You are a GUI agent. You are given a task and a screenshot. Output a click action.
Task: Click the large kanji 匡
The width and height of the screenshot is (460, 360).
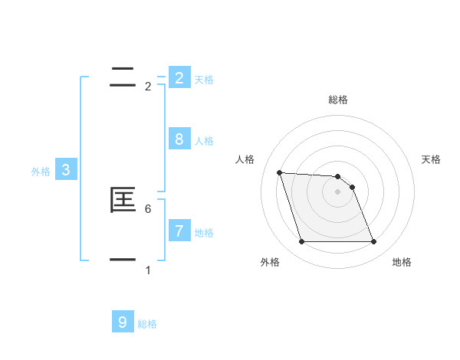pos(123,200)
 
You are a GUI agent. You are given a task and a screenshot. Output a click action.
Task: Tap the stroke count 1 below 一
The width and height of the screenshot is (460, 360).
pos(148,270)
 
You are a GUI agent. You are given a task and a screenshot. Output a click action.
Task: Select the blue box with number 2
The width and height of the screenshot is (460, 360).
pos(179,77)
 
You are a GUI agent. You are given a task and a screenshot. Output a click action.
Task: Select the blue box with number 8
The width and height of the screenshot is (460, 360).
pos(179,139)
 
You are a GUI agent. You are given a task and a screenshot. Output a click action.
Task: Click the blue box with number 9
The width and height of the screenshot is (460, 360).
pos(122,322)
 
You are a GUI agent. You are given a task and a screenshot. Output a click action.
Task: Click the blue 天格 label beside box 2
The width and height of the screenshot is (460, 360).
pos(204,80)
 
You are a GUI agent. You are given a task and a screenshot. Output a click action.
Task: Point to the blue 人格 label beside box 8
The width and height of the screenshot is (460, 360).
pos(204,141)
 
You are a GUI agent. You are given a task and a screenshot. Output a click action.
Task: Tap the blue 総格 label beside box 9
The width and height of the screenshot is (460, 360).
pos(147,325)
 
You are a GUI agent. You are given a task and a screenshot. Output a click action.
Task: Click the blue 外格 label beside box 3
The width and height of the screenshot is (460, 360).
pos(41,172)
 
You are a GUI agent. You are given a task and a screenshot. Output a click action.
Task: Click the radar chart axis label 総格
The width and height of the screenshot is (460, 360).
pos(338,100)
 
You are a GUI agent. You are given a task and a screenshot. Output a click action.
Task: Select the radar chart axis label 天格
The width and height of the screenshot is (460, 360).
pos(432,159)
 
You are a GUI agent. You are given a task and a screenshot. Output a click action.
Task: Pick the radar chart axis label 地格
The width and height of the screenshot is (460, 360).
pos(402,262)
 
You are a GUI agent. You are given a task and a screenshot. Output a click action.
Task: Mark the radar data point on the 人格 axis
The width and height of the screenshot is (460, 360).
pos(279,172)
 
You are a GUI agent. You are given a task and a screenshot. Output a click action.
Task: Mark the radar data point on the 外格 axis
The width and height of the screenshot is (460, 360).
pos(301,242)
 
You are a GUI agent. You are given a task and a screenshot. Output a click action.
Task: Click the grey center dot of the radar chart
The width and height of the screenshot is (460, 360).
pos(338,192)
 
